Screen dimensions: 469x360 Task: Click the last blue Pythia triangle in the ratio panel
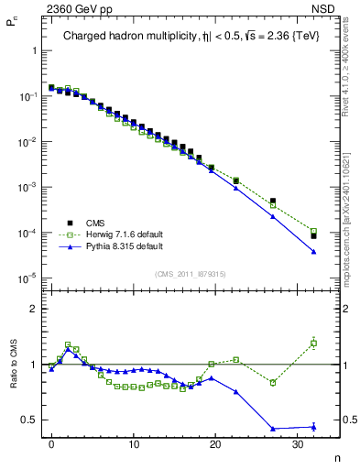313,426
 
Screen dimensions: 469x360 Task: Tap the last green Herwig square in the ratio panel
313,344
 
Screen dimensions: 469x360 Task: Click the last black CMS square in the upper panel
313,236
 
